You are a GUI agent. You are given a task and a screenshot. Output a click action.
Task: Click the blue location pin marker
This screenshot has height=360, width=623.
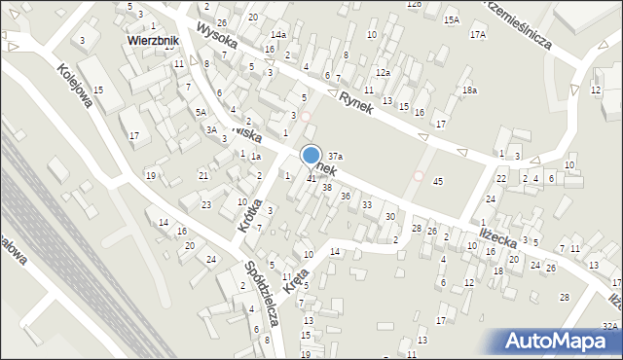(x=311, y=156)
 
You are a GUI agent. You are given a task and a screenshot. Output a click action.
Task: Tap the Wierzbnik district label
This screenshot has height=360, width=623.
(x=156, y=42)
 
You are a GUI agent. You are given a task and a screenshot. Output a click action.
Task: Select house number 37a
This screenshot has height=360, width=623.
(x=334, y=156)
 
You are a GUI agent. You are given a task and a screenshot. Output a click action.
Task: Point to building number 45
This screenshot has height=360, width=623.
(x=438, y=182)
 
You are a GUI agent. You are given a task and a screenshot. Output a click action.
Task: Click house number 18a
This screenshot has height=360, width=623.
(x=470, y=90)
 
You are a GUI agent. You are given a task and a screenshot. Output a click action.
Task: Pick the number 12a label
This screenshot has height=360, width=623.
(x=383, y=73)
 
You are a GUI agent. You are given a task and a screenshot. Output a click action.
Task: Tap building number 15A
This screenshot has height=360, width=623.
(x=451, y=19)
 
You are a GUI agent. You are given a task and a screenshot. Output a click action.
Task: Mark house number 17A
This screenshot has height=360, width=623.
(x=477, y=35)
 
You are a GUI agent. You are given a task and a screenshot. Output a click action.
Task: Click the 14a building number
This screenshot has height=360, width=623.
(x=278, y=35)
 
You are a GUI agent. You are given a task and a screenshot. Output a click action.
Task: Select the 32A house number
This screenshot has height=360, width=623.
(x=609, y=327)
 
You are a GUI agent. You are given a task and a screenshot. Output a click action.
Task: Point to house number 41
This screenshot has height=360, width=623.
(x=311, y=178)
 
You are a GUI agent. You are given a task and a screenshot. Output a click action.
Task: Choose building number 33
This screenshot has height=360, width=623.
(x=367, y=205)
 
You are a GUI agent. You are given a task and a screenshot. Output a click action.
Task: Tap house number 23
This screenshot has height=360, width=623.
(x=206, y=204)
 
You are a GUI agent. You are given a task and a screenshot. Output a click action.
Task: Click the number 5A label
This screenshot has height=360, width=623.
(x=201, y=113)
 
